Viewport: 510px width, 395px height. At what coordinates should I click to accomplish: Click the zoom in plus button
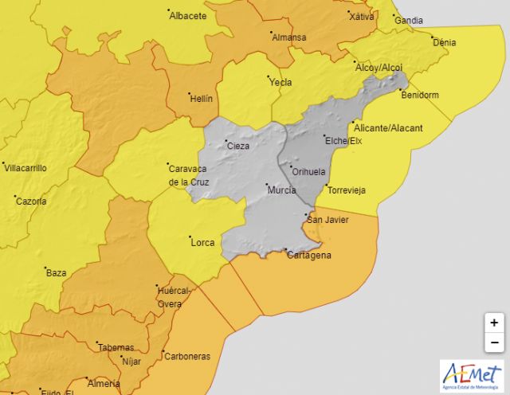tap(494, 323)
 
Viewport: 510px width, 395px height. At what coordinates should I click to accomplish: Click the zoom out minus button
tap(494, 342)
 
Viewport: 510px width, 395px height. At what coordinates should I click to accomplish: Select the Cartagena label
tap(310, 256)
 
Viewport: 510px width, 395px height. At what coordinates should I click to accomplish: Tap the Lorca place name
tap(202, 243)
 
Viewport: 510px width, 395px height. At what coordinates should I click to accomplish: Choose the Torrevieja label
tap(346, 191)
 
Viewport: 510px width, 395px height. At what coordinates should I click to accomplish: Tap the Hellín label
tap(200, 98)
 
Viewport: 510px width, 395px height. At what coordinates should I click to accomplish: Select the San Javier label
tap(327, 219)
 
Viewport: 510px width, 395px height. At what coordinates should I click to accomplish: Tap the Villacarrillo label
tap(25, 168)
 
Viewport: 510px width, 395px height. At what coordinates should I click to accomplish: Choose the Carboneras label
tap(188, 357)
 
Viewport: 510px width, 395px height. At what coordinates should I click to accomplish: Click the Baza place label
tap(56, 272)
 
